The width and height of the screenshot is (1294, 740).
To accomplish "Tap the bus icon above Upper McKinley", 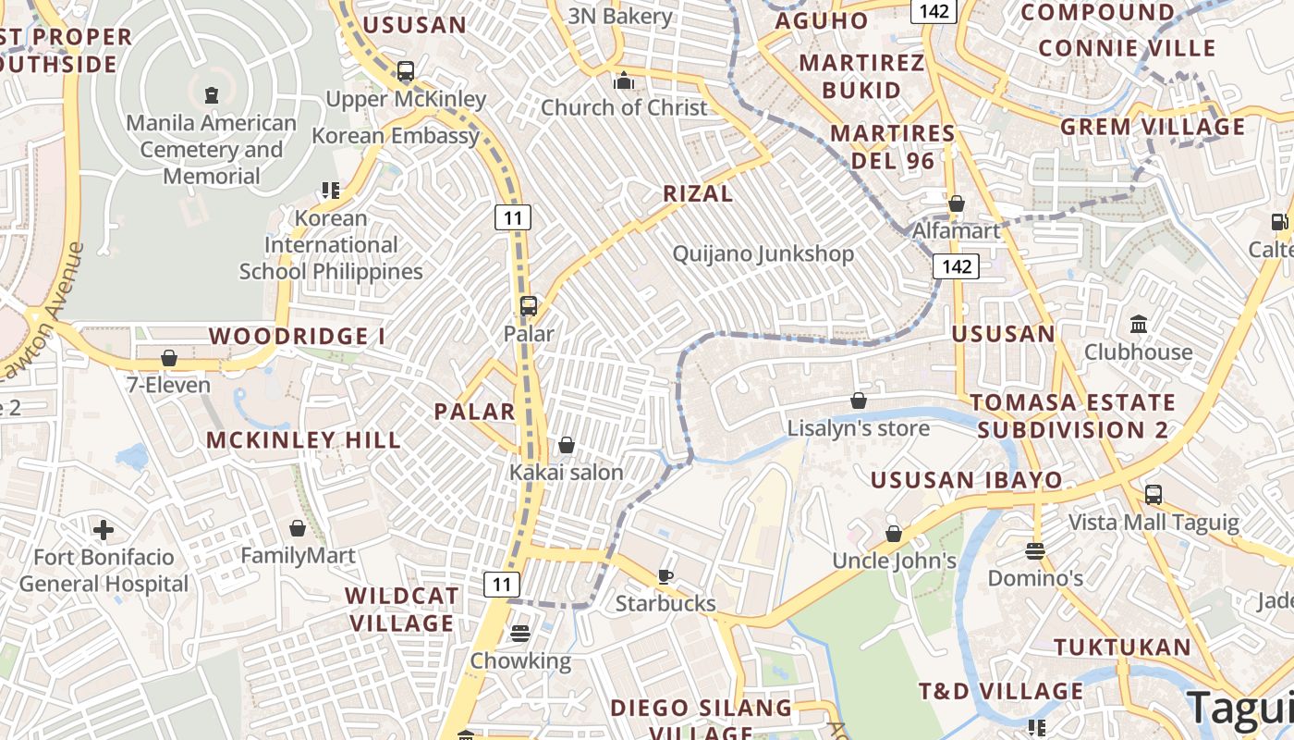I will coord(405,70).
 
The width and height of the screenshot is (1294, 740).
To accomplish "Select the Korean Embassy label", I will coord(396,136).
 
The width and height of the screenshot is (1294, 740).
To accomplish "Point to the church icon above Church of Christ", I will coord(624,80).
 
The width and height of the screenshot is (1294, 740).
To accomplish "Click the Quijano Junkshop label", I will coord(763,253).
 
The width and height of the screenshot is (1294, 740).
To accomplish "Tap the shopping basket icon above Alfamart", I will coord(957,203).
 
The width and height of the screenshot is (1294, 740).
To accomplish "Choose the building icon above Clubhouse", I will coord(1138,325).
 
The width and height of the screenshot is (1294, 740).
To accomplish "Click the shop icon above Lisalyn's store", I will coord(859,401).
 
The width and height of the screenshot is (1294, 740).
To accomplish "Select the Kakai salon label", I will coord(567,472).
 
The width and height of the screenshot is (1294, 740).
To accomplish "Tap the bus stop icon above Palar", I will coord(529,306).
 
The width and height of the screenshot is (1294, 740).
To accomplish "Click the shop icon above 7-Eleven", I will coord(169,357).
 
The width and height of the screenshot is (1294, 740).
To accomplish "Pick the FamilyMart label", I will coord(298,556).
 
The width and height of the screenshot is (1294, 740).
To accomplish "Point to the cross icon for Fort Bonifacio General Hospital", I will coord(104,530).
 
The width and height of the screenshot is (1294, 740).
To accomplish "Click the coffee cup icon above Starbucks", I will coord(665,576).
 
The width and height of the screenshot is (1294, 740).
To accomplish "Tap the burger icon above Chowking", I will coord(520,634).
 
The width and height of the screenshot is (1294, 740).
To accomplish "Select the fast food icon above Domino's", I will coord(1035,551).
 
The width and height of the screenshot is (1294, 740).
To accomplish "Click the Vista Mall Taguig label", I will coord(1154,522).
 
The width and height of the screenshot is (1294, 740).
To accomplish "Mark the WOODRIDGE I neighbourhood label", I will coord(297,336).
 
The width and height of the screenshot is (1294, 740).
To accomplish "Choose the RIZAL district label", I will coord(698,193).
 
